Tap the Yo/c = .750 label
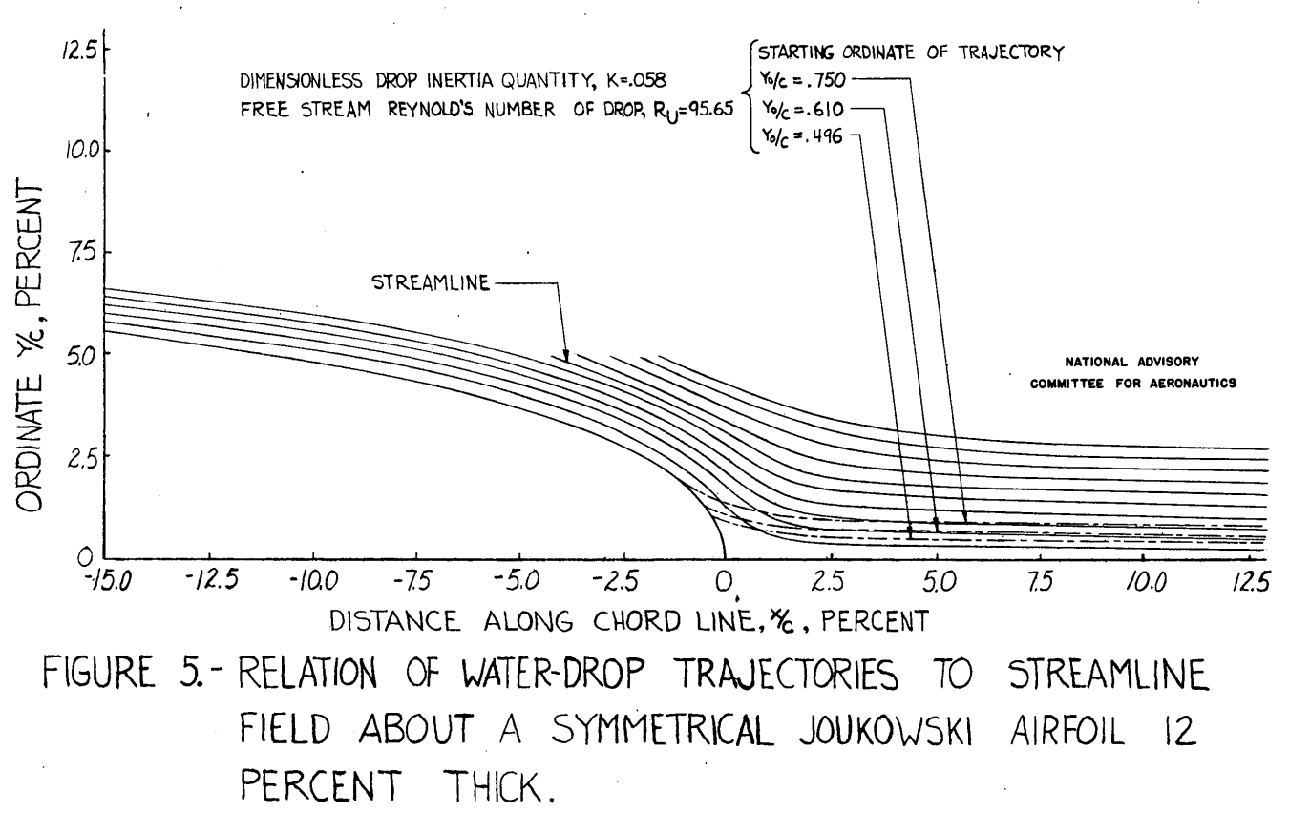[x=792, y=81]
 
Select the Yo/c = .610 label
[x=792, y=111]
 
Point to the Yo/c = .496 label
[x=792, y=139]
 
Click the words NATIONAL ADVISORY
[x=1116, y=361]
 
